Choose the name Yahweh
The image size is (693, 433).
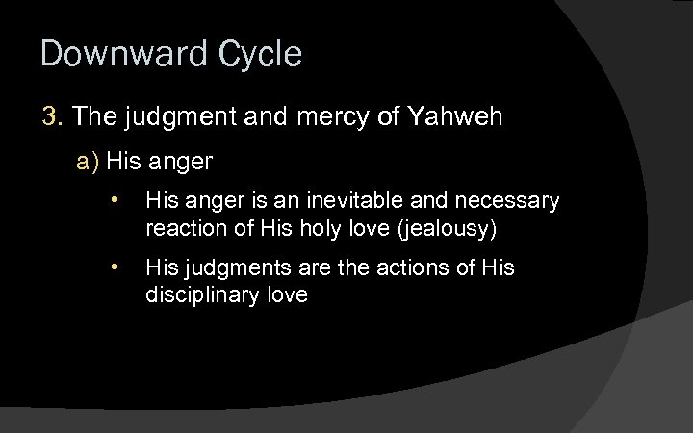(x=455, y=117)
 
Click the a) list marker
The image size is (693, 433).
(x=89, y=161)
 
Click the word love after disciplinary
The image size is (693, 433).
(x=287, y=294)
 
